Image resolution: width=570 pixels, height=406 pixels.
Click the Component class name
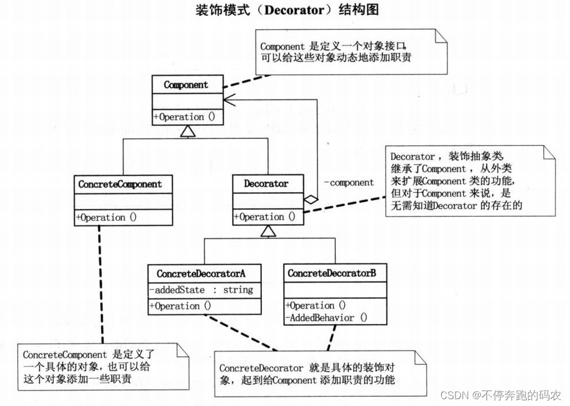pos(186,85)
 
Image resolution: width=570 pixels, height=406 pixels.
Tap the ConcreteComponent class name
pos(120,184)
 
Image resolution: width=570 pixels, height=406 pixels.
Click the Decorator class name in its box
pos(266,184)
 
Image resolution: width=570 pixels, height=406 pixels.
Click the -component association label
pos(349,183)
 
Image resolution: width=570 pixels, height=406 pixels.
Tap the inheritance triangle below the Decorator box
pos(266,232)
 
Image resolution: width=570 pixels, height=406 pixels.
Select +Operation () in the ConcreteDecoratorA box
pos(181,306)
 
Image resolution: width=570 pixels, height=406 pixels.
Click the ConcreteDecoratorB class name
pos(332,273)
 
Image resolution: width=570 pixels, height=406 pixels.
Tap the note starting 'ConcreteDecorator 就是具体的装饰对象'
pos(320,373)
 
